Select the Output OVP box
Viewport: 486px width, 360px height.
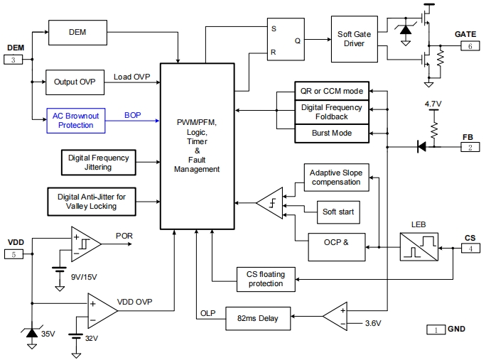(75, 82)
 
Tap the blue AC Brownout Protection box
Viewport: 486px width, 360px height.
(75, 120)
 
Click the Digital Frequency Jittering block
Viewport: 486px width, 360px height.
(99, 163)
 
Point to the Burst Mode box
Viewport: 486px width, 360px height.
(332, 133)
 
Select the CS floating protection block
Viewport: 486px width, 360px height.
(265, 278)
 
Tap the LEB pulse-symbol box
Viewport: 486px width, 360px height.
(418, 249)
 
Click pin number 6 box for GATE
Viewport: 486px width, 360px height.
(470, 46)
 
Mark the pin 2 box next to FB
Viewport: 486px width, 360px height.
(470, 147)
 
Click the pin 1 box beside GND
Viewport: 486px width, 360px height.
(435, 329)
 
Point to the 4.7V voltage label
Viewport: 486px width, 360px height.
(433, 104)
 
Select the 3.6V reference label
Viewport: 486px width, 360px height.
(373, 324)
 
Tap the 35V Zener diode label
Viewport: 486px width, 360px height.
(47, 333)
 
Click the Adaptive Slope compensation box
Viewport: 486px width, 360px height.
(336, 177)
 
